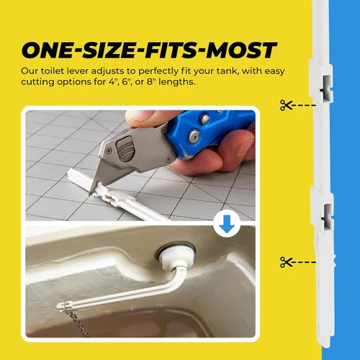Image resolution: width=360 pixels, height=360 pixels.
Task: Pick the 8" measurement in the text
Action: tap(151, 82)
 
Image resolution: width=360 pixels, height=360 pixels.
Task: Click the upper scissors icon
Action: tap(286, 105)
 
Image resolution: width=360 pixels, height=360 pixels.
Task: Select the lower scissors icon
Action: tap(286, 262)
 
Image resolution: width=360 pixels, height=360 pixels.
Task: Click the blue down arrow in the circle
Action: tap(227, 224)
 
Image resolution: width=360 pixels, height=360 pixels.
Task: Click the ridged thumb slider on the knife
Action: tap(124, 148)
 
